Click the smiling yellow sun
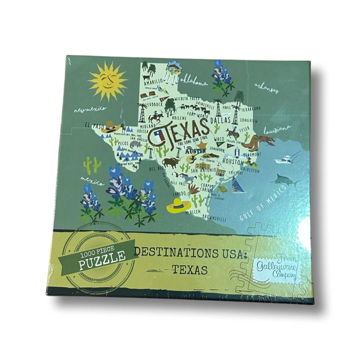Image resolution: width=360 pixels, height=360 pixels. (x=108, y=81)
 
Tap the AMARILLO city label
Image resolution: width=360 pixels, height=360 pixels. (x=153, y=81)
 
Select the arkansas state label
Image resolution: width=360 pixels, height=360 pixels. (x=267, y=88)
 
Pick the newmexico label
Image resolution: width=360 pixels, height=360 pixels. (x=90, y=109)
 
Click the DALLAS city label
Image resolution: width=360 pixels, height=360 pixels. (x=221, y=120)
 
